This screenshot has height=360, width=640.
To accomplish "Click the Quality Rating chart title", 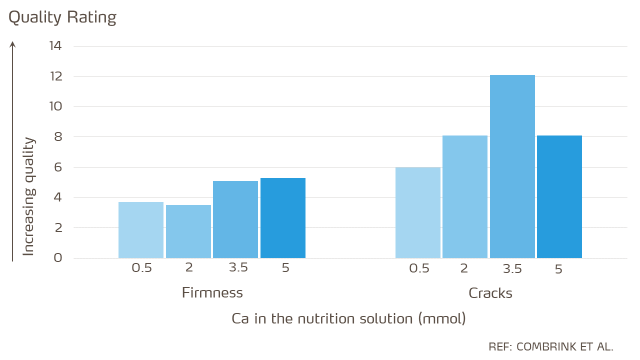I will [62, 17].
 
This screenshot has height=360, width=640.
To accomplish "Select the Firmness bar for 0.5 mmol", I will [141, 230].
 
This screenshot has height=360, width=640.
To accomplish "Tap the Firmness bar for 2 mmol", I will [188, 231].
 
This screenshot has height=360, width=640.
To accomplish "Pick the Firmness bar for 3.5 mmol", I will [235, 219].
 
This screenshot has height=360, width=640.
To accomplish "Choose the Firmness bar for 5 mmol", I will [283, 218].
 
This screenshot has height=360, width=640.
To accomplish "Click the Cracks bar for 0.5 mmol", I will [418, 212].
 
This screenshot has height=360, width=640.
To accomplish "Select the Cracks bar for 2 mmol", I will [465, 197].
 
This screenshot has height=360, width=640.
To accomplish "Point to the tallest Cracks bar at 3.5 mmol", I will [512, 166].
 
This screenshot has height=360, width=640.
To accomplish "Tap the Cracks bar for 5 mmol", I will [559, 197].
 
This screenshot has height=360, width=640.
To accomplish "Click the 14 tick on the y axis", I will [55, 46].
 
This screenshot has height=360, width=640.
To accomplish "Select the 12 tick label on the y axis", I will [55, 76].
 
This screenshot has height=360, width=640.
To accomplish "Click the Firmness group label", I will [212, 292].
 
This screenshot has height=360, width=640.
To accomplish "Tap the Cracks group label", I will [490, 293].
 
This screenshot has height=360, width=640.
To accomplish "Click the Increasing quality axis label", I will [29, 196].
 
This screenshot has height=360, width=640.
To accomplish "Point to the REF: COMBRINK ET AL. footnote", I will [551, 346].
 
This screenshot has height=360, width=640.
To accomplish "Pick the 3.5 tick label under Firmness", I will [238, 267].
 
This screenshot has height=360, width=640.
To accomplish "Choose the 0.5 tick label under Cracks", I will [419, 268].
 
